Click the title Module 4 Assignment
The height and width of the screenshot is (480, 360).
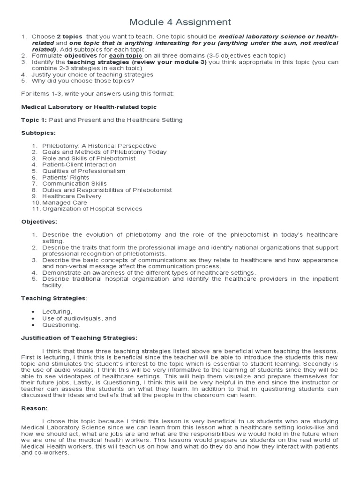pos(180,22)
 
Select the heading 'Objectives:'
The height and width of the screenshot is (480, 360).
pos(38,222)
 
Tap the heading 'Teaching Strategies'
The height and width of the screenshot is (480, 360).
pos(53,298)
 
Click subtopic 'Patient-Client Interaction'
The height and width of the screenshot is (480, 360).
pos(79,165)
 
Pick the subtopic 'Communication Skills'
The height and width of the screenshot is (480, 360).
pos(74,184)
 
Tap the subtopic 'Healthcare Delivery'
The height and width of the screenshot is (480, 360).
pos(72,196)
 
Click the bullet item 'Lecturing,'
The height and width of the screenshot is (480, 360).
pos(57,311)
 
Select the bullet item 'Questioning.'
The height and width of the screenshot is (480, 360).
pos(61,324)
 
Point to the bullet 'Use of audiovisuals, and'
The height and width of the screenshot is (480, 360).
pos(79,318)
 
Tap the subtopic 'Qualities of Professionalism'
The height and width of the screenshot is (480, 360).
pos(83,171)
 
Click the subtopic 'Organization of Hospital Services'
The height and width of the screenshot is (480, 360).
pos(92,209)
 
